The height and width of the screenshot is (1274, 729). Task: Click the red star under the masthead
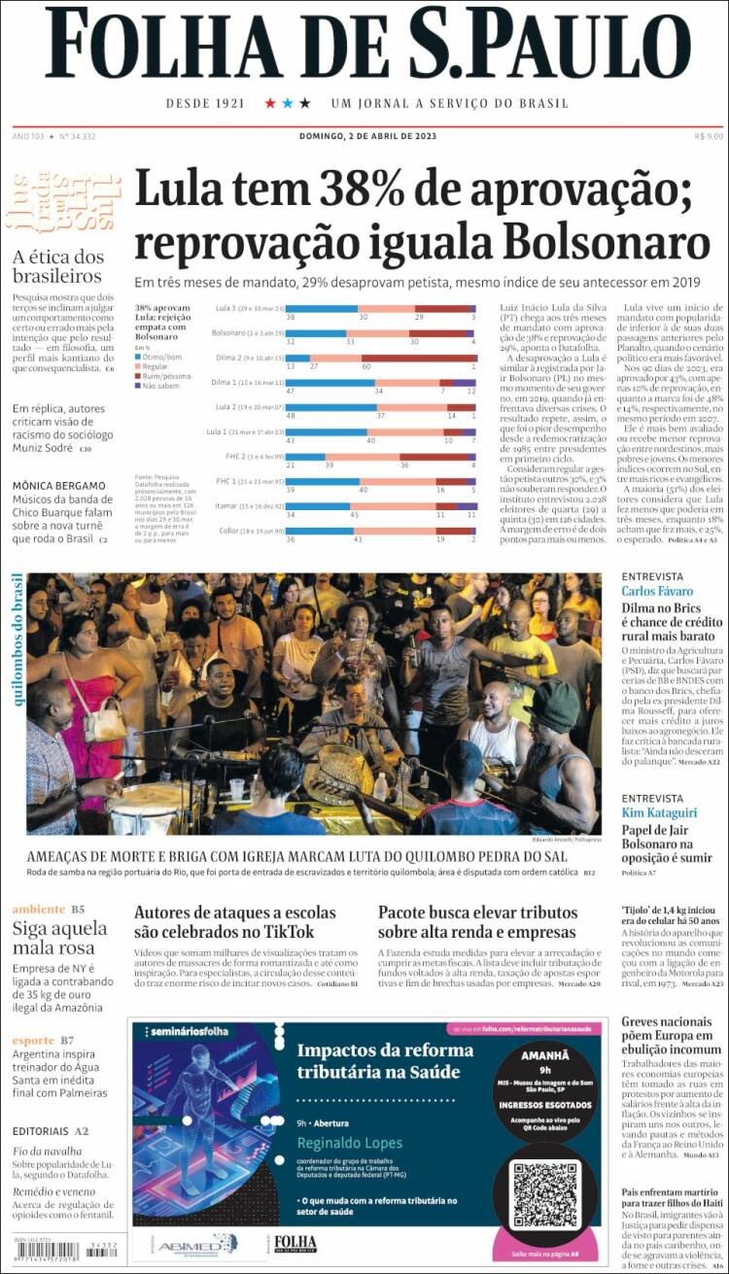pyautogui.click(x=270, y=103)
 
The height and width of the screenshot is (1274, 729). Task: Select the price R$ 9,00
pyautogui.click(x=709, y=136)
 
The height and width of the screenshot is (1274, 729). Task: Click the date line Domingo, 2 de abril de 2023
pyautogui.click(x=367, y=136)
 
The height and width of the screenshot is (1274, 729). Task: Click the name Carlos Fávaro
pyautogui.click(x=657, y=591)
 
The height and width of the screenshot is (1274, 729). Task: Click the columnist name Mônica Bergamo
pyautogui.click(x=59, y=486)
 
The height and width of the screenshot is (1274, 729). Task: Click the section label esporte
pyautogui.click(x=34, y=1041)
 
